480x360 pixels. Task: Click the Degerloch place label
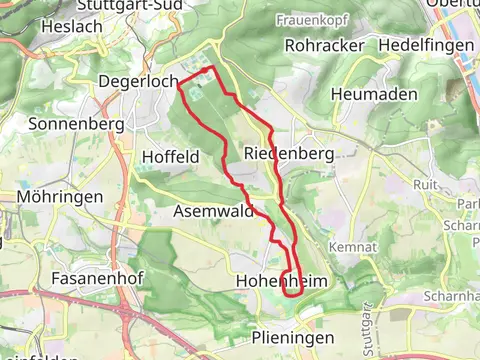(x=138, y=80)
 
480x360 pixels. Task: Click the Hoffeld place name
(x=171, y=156)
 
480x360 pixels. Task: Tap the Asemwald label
(x=208, y=212)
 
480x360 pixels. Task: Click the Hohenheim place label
(x=281, y=283)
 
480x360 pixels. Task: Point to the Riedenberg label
(x=287, y=153)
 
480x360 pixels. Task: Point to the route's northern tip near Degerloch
(x=211, y=68)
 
